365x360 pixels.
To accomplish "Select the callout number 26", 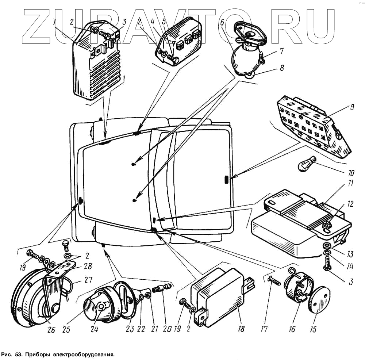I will coord(51,330).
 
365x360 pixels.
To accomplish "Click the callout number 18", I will coord(241,329).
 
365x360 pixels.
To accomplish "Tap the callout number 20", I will coord(168,329).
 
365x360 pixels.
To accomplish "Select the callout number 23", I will coord(130,329).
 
